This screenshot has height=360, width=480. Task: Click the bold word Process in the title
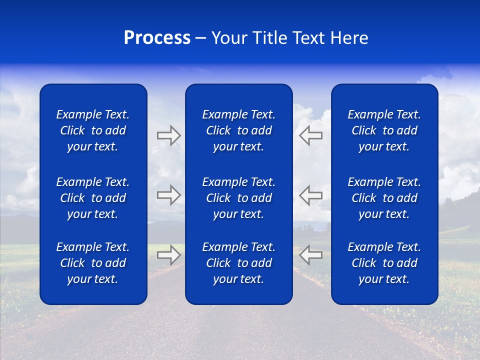tap(157, 38)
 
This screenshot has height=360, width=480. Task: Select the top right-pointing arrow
tap(168, 135)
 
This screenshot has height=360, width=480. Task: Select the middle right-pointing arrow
tap(168, 195)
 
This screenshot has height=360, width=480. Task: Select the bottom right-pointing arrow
tap(168, 255)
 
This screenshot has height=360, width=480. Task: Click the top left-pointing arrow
tap(310, 135)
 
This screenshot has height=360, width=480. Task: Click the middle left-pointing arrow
tap(310, 195)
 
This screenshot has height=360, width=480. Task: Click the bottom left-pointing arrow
tap(310, 255)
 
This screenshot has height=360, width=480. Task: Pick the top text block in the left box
tap(93, 130)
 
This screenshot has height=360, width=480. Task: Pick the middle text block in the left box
tap(93, 198)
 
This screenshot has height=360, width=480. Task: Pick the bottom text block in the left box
tap(93, 263)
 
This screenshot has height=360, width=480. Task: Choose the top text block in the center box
tap(238, 130)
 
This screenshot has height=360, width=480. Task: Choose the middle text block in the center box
tap(238, 198)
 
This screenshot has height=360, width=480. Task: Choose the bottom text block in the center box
tap(238, 263)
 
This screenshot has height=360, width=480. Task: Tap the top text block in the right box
tap(384, 130)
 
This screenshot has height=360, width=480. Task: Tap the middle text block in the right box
tap(384, 198)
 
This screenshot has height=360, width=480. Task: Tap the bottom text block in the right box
tap(384, 263)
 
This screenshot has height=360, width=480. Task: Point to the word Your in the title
tap(229, 38)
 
